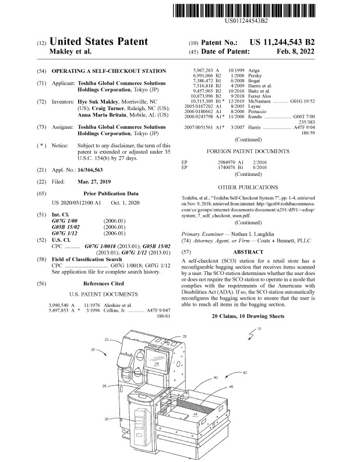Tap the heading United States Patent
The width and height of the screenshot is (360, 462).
(x=98, y=42)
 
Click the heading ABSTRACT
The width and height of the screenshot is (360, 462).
(x=256, y=248)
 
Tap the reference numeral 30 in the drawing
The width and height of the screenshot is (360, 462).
(x=107, y=419)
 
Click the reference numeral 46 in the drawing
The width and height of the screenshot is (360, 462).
(x=231, y=387)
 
